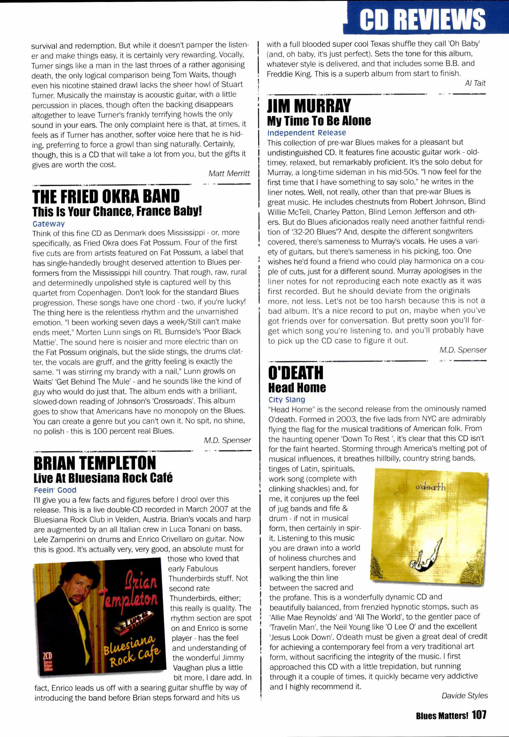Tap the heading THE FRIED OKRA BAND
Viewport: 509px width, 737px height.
pyautogui.click(x=106, y=196)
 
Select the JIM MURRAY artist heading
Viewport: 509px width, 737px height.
pyautogui.click(x=309, y=106)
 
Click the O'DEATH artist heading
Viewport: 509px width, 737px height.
pyautogui.click(x=296, y=373)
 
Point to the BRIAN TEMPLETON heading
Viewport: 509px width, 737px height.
pyautogui.click(x=95, y=463)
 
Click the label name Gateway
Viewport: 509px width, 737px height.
pyautogui.click(x=48, y=224)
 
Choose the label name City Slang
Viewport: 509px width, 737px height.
pyautogui.click(x=287, y=400)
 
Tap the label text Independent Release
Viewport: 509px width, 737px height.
pyautogui.click(x=306, y=132)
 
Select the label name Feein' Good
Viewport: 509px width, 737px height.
pyautogui.click(x=55, y=490)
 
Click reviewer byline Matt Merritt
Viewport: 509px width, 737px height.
pyautogui.click(x=229, y=173)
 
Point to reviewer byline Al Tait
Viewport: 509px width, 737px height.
pyautogui.click(x=475, y=83)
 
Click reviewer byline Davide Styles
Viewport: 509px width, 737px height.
pyautogui.click(x=464, y=695)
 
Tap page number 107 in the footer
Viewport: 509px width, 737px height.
pyautogui.click(x=479, y=715)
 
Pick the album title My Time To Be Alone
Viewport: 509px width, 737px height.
pyautogui.click(x=319, y=121)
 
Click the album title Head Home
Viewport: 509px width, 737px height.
pyautogui.click(x=297, y=388)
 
